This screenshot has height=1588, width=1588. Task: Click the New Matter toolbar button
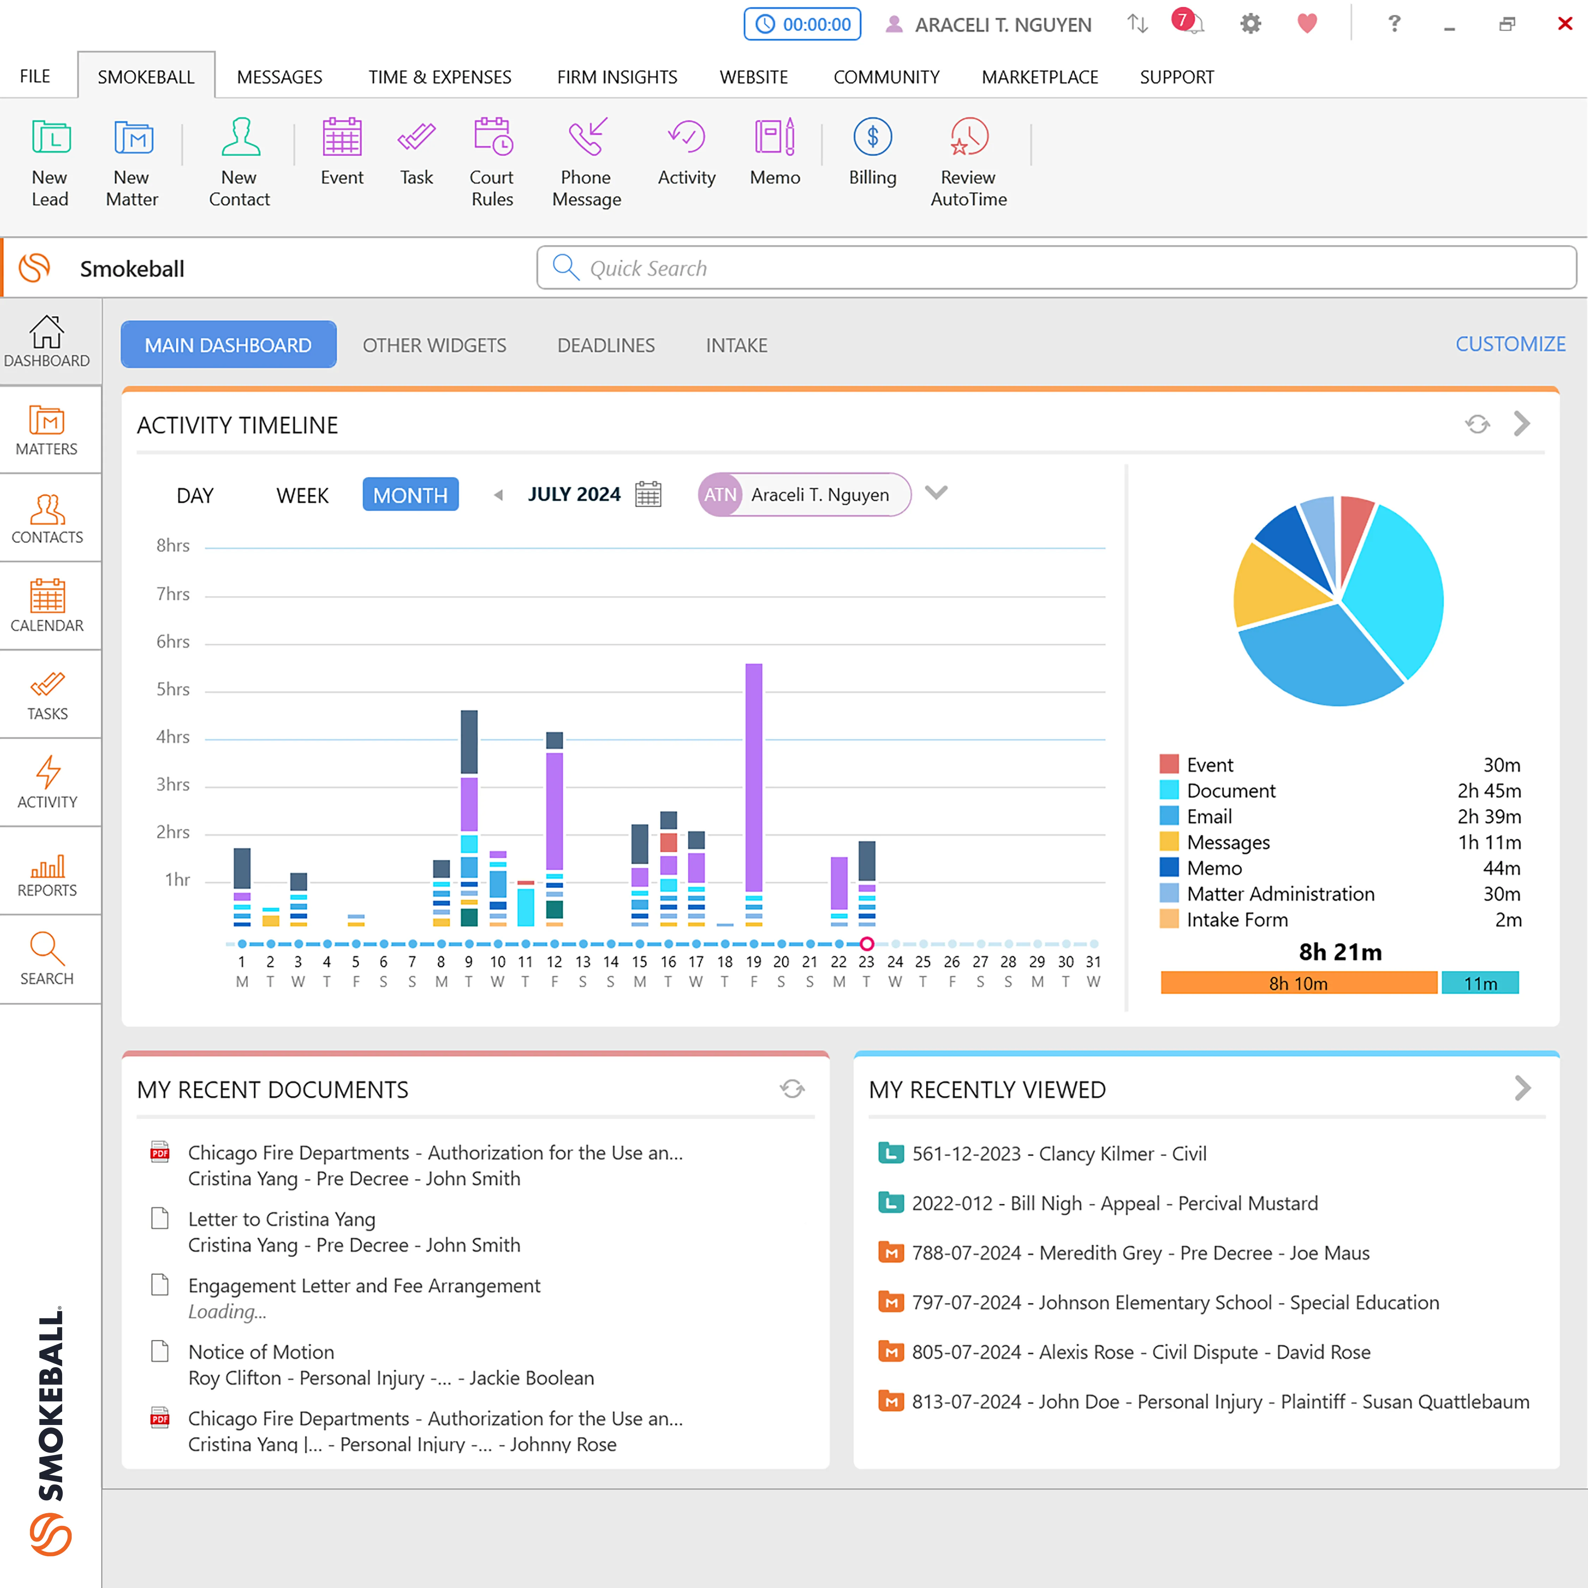pyautogui.click(x=132, y=162)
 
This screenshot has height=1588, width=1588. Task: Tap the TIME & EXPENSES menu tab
pyautogui.click(x=440, y=77)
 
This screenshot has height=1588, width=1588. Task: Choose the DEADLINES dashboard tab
pyautogui.click(x=606, y=345)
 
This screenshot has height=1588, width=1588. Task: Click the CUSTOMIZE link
pyautogui.click(x=1510, y=344)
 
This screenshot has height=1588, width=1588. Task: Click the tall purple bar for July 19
pyautogui.click(x=754, y=777)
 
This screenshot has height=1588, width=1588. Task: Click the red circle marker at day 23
pyautogui.click(x=866, y=944)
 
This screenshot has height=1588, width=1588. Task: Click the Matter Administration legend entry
pyautogui.click(x=1280, y=894)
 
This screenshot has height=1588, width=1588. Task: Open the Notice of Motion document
pyautogui.click(x=261, y=1352)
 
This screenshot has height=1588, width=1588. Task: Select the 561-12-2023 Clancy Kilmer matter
pyautogui.click(x=1059, y=1154)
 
